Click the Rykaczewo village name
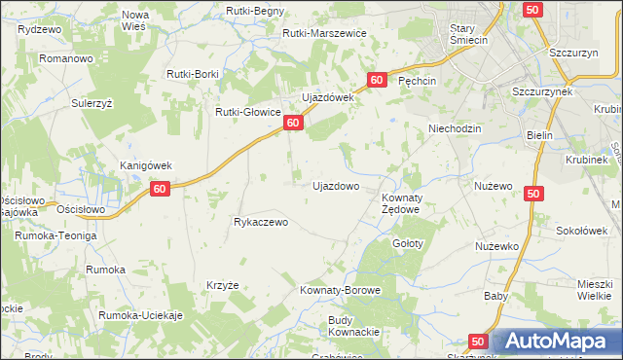261,222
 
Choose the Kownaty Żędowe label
399,203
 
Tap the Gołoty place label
408,243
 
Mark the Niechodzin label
455,128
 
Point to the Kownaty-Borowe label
340,291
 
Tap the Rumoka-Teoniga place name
55,235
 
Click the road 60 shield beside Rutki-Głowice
292,123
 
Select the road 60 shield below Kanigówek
162,189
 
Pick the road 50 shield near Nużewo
531,195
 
